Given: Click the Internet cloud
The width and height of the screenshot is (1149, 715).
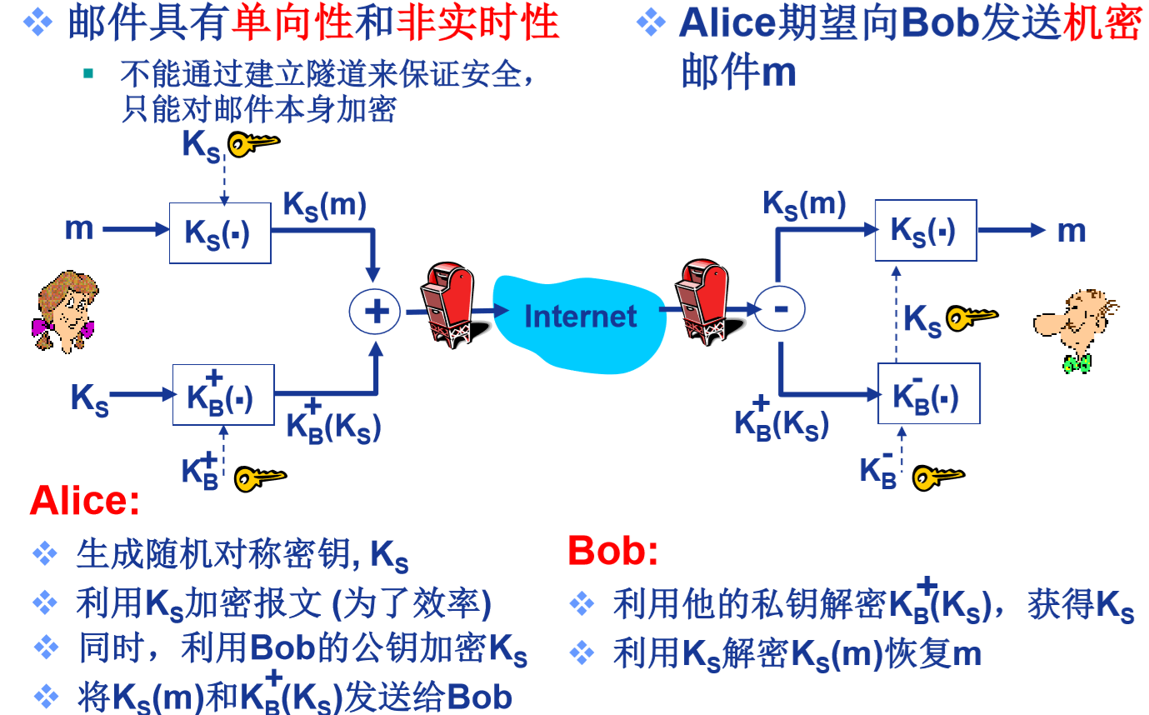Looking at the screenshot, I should [x=580, y=316].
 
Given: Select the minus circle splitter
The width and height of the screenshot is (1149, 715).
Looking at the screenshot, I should [x=780, y=309].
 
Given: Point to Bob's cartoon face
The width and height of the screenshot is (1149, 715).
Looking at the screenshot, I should [x=1076, y=326].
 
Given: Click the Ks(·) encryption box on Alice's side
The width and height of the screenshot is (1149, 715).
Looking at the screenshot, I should [x=220, y=232].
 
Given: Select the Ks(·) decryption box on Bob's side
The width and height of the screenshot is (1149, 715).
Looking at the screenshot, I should [x=925, y=230].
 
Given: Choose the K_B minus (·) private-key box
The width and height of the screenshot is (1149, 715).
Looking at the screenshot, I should [x=928, y=393].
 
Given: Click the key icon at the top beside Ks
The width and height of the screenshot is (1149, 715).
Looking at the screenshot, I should [x=253, y=145].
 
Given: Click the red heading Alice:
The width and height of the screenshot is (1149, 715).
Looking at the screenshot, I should [x=85, y=501].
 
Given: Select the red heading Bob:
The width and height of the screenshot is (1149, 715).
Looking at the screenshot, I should [x=612, y=551].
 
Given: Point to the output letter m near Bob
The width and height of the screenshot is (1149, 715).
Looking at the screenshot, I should [x=1072, y=231].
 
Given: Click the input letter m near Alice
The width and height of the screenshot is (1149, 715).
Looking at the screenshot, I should [x=79, y=228].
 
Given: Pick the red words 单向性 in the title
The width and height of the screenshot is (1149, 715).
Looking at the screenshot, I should [x=292, y=22].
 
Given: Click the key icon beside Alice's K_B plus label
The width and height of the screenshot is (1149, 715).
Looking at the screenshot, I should [x=259, y=477].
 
